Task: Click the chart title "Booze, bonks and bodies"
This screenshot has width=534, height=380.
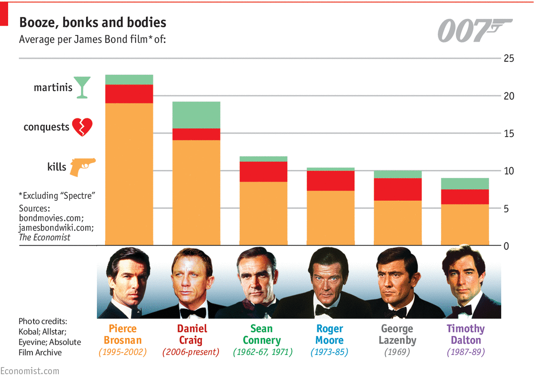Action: (x=92, y=22)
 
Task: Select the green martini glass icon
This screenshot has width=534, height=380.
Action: (x=82, y=87)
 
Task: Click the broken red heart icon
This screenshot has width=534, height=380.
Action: (x=82, y=127)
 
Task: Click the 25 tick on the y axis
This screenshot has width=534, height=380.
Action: (x=508, y=59)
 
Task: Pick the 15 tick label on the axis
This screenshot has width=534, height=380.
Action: (x=508, y=134)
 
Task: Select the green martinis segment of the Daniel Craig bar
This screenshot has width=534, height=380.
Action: (x=197, y=115)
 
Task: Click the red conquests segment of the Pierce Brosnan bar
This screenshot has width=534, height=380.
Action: (x=129, y=94)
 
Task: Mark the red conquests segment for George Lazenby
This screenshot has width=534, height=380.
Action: (x=398, y=189)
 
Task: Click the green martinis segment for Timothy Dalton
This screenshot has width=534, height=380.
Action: (x=464, y=184)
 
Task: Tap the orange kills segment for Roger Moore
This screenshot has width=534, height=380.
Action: (x=330, y=218)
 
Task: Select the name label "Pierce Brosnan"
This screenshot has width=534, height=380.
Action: (x=123, y=334)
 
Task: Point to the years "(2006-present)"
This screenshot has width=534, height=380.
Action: (x=191, y=352)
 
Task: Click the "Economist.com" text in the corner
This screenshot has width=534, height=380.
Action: (x=30, y=371)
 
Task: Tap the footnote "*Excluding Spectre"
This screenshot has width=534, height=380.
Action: (x=58, y=196)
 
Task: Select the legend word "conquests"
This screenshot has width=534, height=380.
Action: (x=46, y=127)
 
